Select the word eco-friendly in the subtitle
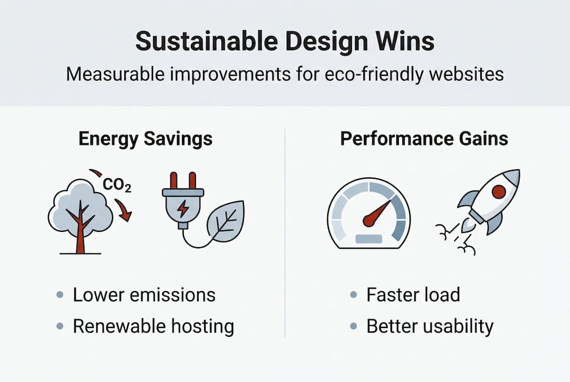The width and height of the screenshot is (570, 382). (x=367, y=74)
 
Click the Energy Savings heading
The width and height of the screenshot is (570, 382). (x=145, y=139)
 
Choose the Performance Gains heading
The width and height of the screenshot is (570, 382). (x=424, y=139)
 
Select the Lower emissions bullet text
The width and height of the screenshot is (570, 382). (x=144, y=295)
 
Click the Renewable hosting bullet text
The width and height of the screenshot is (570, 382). (x=153, y=326)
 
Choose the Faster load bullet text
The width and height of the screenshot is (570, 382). (x=413, y=295)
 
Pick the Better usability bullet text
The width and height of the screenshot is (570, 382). (x=430, y=326)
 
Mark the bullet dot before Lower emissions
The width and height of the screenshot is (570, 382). (x=60, y=295)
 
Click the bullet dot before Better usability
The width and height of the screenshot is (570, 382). (x=354, y=326)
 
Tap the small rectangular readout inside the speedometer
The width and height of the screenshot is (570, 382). (x=369, y=238)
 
